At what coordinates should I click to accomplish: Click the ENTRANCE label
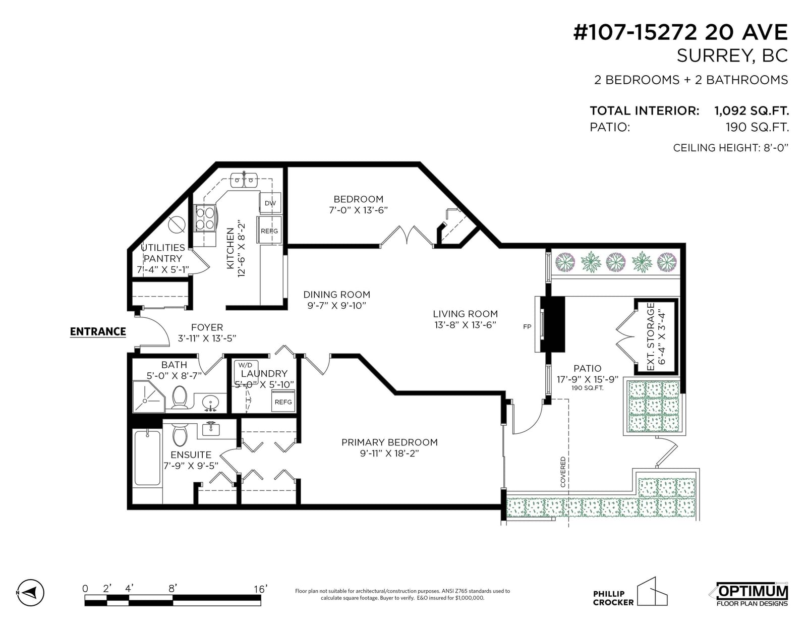(98, 331)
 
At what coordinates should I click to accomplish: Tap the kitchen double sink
(244, 180)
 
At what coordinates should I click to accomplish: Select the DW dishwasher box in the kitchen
(270, 203)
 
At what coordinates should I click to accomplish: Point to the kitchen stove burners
(205, 218)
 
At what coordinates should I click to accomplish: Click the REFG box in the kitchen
(269, 231)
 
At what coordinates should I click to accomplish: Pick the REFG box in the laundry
(283, 402)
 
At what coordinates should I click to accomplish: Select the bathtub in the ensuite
(147, 458)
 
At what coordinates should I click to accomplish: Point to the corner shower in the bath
(148, 396)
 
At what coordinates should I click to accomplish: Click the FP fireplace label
(527, 327)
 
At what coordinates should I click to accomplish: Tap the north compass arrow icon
(31, 592)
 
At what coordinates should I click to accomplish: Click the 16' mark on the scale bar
(260, 589)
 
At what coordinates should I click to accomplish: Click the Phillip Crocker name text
(613, 598)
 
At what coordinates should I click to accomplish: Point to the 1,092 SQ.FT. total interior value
(752, 110)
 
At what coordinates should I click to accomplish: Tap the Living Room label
(466, 314)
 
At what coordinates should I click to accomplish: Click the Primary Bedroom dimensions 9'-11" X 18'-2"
(389, 453)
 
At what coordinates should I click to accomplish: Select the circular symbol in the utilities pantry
(177, 224)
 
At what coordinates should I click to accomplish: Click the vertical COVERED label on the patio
(563, 472)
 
